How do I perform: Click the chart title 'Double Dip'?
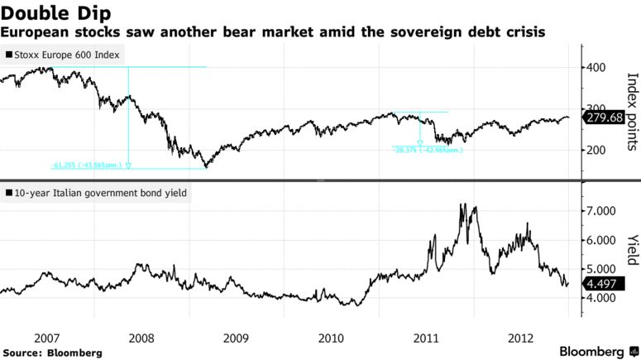tap(57, 12)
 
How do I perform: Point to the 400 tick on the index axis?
tap(596, 67)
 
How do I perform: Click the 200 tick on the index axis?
tap(596, 150)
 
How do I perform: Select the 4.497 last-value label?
tap(601, 283)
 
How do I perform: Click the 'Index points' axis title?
tap(632, 112)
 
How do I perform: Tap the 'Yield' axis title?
tap(632, 250)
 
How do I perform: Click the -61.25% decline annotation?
tap(86, 166)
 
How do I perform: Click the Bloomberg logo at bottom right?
tap(588, 351)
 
